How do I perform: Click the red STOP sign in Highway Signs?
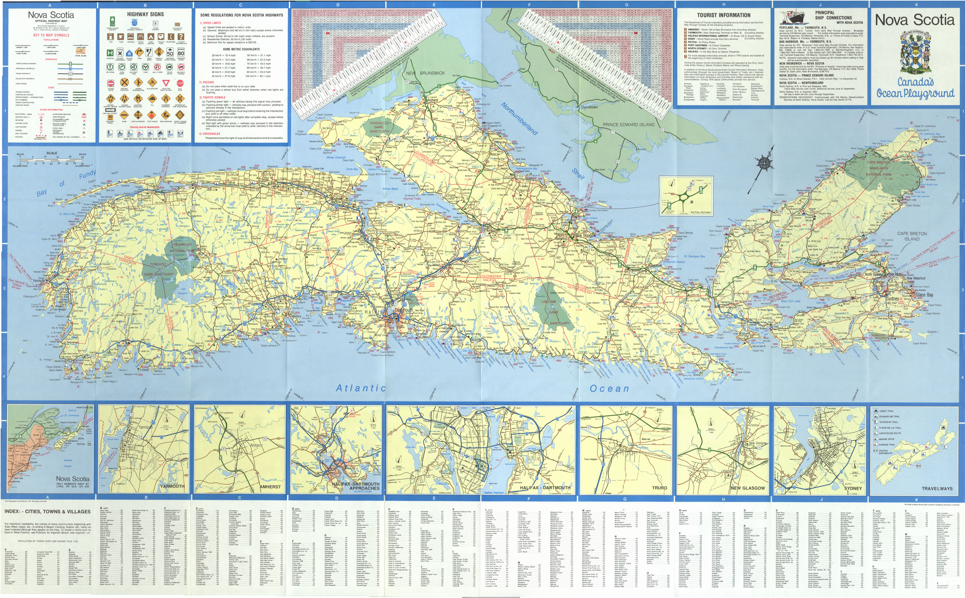pyautogui.click(x=180, y=83)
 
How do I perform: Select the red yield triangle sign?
pyautogui.click(x=166, y=83)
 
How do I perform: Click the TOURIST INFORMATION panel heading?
pyautogui.click(x=724, y=15)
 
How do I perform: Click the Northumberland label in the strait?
pyautogui.click(x=519, y=118)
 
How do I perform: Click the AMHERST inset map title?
pyautogui.click(x=270, y=487)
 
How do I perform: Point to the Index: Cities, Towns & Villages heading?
pyautogui.click(x=47, y=511)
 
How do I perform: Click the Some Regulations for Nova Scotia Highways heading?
pyautogui.click(x=241, y=15)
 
